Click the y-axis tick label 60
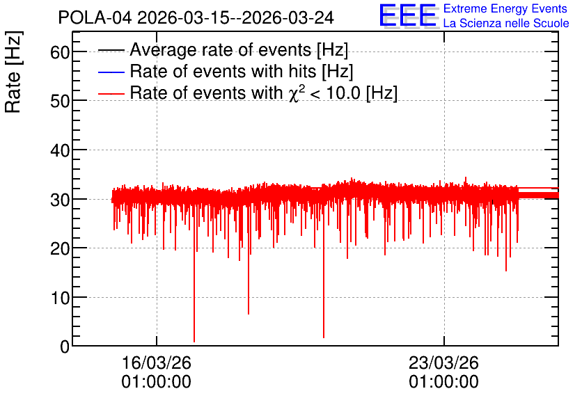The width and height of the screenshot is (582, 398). click(60, 52)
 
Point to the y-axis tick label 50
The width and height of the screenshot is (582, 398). click(60, 101)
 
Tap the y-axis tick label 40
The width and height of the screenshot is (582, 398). click(60, 150)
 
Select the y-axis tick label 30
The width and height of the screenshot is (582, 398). click(60, 200)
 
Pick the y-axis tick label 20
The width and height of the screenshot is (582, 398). click(60, 248)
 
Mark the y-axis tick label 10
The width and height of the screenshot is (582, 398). click(60, 298)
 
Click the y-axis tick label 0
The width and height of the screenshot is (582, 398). click(65, 347)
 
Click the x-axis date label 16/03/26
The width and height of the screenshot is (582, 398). click(156, 363)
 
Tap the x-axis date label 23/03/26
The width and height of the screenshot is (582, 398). click(443, 363)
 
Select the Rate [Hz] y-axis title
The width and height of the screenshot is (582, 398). click(13, 72)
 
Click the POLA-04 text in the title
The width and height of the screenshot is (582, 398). click(95, 17)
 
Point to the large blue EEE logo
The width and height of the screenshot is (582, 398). click(408, 15)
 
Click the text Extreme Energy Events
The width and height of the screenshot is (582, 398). click(505, 8)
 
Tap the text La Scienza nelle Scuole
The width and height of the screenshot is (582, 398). click(506, 24)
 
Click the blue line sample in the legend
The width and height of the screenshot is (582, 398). click(111, 72)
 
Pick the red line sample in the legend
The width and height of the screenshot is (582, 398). click(111, 93)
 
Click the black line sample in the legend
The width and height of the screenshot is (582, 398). click(111, 50)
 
